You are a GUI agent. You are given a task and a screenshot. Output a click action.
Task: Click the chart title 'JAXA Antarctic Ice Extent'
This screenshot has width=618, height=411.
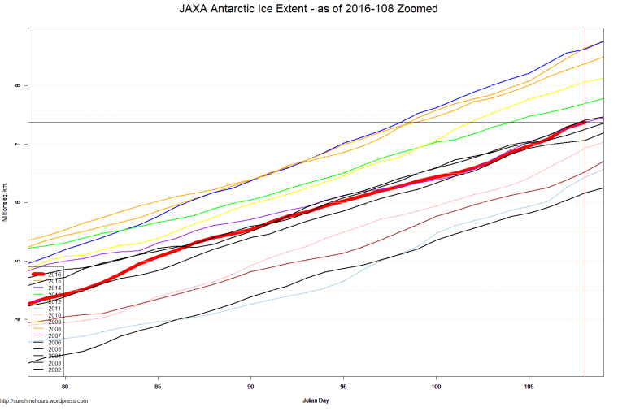[x=308, y=10]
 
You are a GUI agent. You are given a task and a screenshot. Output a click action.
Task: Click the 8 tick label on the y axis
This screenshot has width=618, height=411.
[x=16, y=85]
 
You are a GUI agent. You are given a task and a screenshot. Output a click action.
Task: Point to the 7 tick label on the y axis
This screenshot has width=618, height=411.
[x=16, y=144]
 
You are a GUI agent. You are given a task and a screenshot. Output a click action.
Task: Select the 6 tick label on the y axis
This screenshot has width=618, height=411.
[x=16, y=202]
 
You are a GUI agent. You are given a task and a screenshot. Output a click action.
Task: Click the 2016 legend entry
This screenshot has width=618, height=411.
[x=54, y=275]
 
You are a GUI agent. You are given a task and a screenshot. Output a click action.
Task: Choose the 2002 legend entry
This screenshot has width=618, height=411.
[x=54, y=370]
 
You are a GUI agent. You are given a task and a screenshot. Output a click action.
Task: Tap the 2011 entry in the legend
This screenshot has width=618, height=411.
[x=54, y=309]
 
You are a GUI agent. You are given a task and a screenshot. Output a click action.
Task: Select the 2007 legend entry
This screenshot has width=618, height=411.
[x=54, y=335]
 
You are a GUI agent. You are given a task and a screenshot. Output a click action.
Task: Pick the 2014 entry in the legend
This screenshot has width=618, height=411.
[x=54, y=288]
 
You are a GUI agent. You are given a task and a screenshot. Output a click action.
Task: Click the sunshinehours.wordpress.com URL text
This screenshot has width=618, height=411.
[x=44, y=400]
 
